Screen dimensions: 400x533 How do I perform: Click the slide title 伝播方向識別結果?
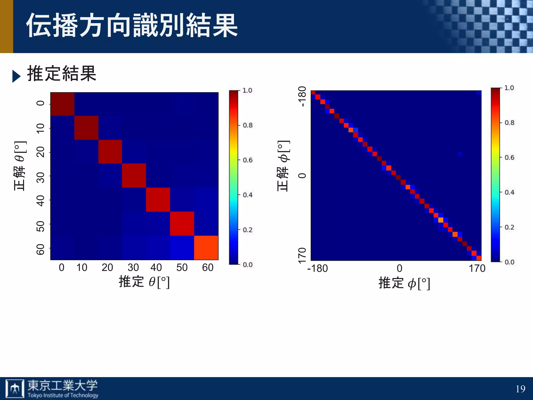(x=132, y=26)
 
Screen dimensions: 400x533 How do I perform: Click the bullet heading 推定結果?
(x=62, y=74)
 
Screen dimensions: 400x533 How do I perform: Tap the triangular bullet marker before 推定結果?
(x=16, y=76)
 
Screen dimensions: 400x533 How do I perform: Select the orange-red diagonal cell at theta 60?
(x=206, y=248)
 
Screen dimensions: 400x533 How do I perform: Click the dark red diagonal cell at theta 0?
(x=62, y=104)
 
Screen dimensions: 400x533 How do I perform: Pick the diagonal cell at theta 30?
(x=134, y=176)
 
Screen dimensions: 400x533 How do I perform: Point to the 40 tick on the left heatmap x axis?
(x=156, y=267)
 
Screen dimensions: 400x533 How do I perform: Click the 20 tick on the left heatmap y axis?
(x=40, y=152)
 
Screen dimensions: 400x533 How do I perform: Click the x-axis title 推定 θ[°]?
(x=144, y=282)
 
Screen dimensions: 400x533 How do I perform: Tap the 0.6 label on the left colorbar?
(x=248, y=160)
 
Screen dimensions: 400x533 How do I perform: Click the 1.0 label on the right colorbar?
(x=509, y=88)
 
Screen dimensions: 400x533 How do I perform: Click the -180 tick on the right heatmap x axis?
(x=317, y=268)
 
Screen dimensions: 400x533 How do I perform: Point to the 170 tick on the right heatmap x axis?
(x=477, y=268)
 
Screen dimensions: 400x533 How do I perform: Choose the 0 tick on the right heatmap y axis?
(x=302, y=176)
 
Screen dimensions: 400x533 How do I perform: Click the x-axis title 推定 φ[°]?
(x=404, y=283)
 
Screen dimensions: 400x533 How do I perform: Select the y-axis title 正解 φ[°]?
(x=283, y=166)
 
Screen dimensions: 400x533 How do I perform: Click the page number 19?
(x=520, y=389)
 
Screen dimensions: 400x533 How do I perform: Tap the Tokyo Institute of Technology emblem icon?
(x=15, y=389)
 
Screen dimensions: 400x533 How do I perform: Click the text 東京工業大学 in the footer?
(x=63, y=385)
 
